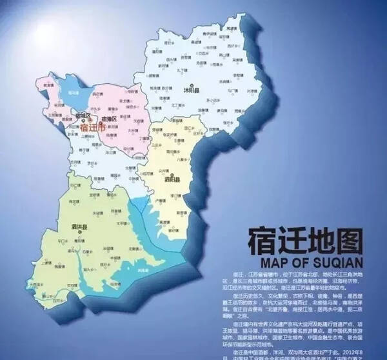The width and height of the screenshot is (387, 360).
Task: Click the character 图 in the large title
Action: coord(353,241)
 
